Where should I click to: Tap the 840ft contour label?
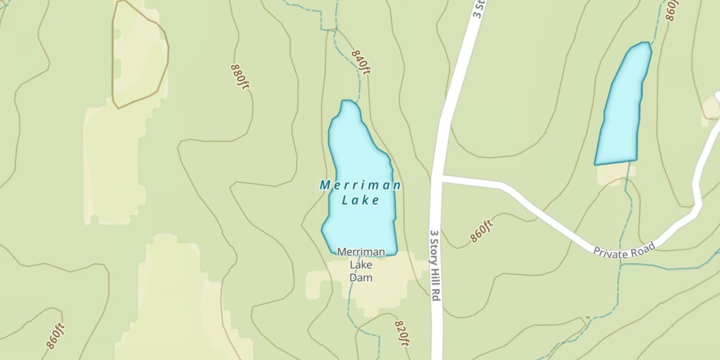(361, 62)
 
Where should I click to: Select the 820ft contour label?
(402, 333)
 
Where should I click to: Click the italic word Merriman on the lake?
(360, 185)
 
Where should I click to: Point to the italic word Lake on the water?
(360, 200)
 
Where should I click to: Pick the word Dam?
(361, 277)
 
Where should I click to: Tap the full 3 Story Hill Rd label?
(435, 264)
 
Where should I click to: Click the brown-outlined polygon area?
(139, 55)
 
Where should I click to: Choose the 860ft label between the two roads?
(481, 231)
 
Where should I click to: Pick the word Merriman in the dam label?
(361, 252)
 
